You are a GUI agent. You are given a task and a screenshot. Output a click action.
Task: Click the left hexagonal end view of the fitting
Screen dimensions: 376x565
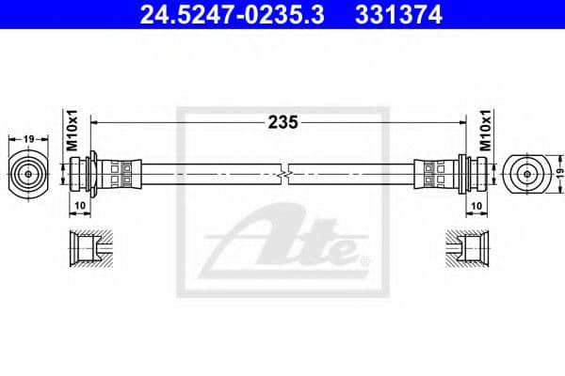point(28,173)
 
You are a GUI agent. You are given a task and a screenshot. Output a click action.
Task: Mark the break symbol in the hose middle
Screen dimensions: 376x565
point(283,173)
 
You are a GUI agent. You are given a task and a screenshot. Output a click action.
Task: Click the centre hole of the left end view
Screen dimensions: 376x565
point(28,173)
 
